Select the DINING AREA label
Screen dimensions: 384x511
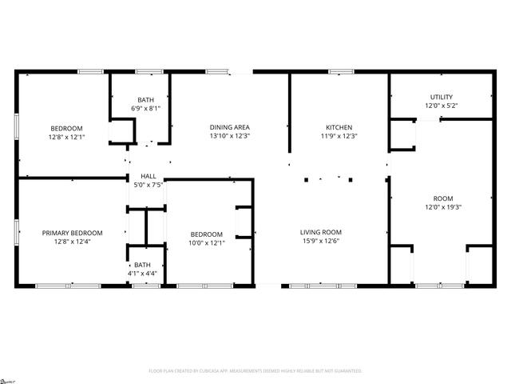(230, 127)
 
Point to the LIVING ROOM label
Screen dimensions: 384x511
(321, 233)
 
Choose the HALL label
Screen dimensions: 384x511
(149, 176)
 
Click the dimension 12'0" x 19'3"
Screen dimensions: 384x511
(443, 207)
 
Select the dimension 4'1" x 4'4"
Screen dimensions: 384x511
(142, 274)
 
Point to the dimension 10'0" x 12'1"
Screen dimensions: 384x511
(206, 242)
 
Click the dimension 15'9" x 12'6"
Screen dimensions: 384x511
(321, 242)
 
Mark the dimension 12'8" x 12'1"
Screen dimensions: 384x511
(67, 137)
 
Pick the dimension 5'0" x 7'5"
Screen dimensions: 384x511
(149, 185)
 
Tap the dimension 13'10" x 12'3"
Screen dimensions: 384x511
(230, 136)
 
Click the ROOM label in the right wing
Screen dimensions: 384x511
(443, 198)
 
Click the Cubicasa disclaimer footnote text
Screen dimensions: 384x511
(255, 370)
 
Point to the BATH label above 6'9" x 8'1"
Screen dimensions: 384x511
(145, 99)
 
